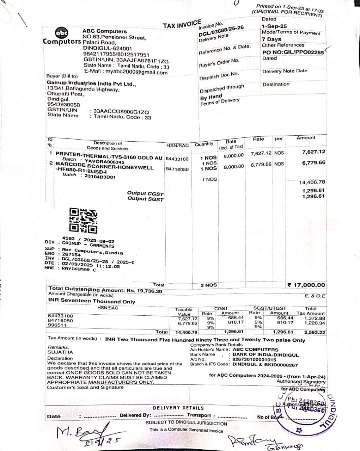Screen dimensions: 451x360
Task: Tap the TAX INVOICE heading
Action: click(x=182, y=25)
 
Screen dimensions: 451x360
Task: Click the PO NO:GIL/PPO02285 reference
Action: click(x=293, y=52)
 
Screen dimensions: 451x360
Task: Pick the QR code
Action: click(x=83, y=220)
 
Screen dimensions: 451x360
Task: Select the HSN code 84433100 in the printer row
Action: click(x=177, y=159)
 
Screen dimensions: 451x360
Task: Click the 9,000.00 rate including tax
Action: click(x=233, y=155)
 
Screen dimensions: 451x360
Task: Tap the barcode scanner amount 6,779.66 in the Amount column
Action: click(x=313, y=163)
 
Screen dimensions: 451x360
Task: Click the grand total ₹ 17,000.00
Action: click(x=306, y=285)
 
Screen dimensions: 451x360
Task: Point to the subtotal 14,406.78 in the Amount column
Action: click(x=312, y=182)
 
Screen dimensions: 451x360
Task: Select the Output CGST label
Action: click(x=145, y=193)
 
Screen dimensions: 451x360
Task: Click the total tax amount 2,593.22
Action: click(x=315, y=332)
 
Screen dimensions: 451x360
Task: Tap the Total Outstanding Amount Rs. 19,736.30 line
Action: click(x=105, y=290)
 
